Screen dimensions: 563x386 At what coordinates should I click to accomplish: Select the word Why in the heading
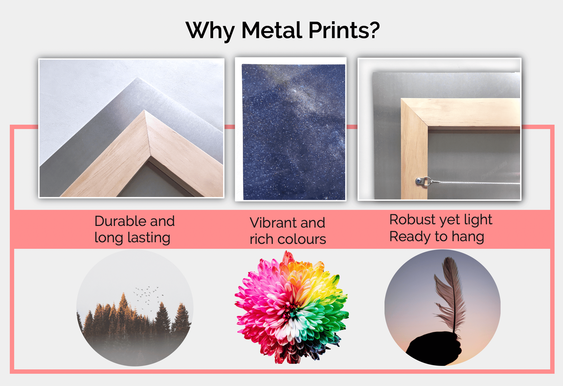point(210,31)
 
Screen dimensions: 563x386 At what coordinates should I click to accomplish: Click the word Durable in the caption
point(121,221)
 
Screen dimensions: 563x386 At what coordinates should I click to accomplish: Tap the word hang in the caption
point(468,237)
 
